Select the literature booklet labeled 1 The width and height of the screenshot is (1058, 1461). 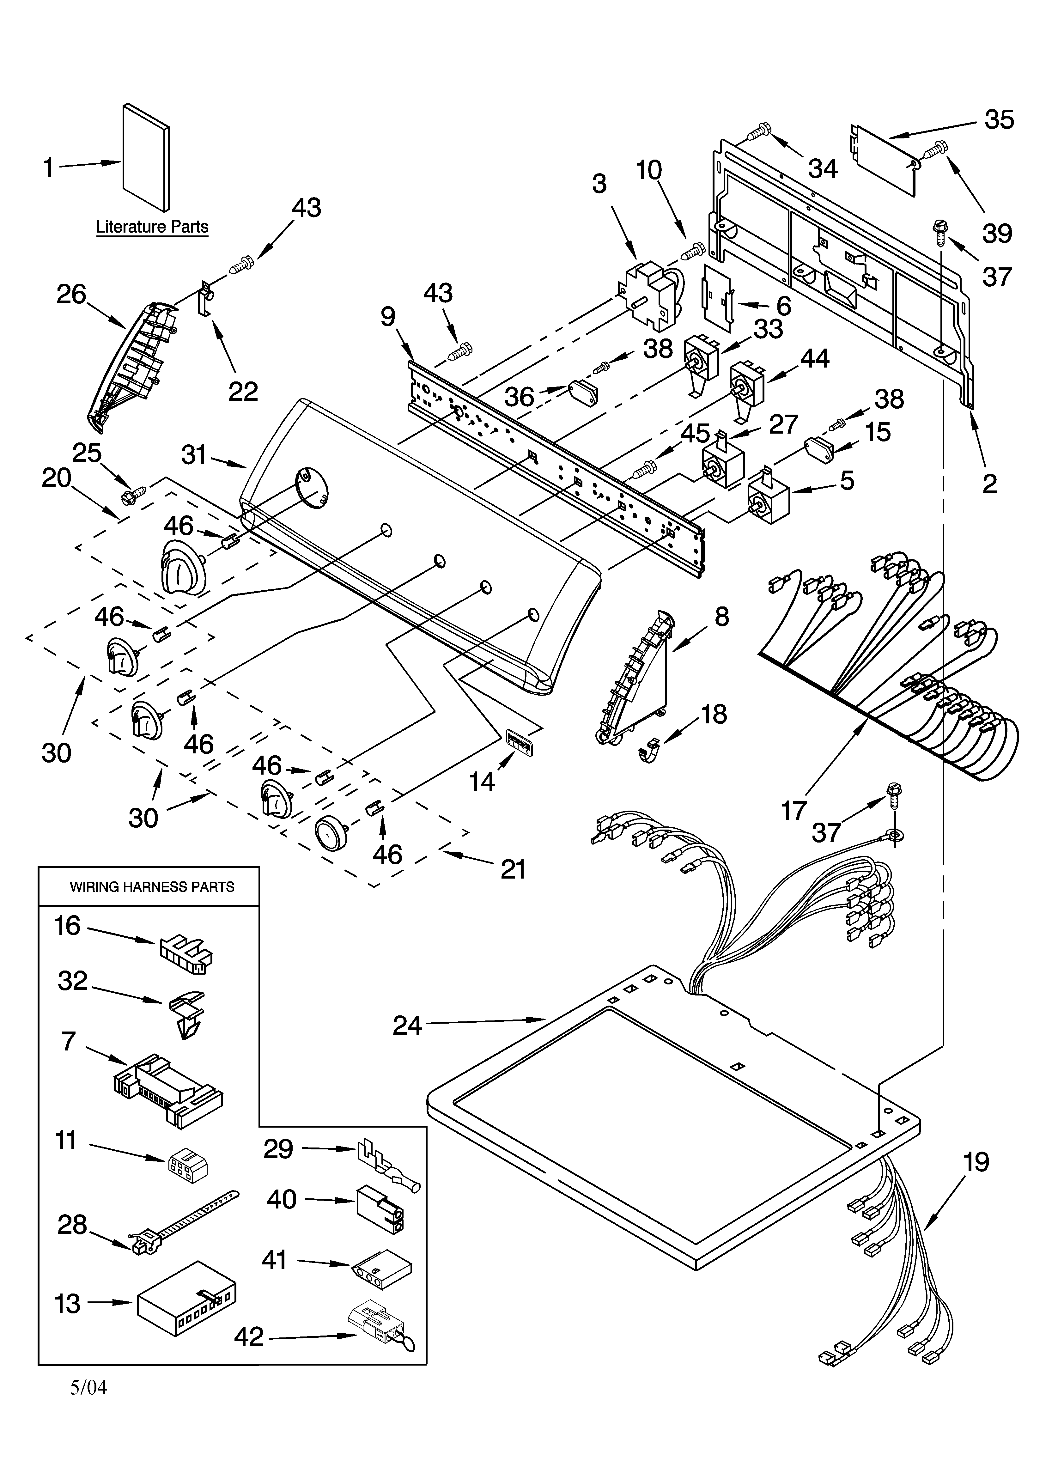[146, 158]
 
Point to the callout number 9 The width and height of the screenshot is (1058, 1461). [388, 317]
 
